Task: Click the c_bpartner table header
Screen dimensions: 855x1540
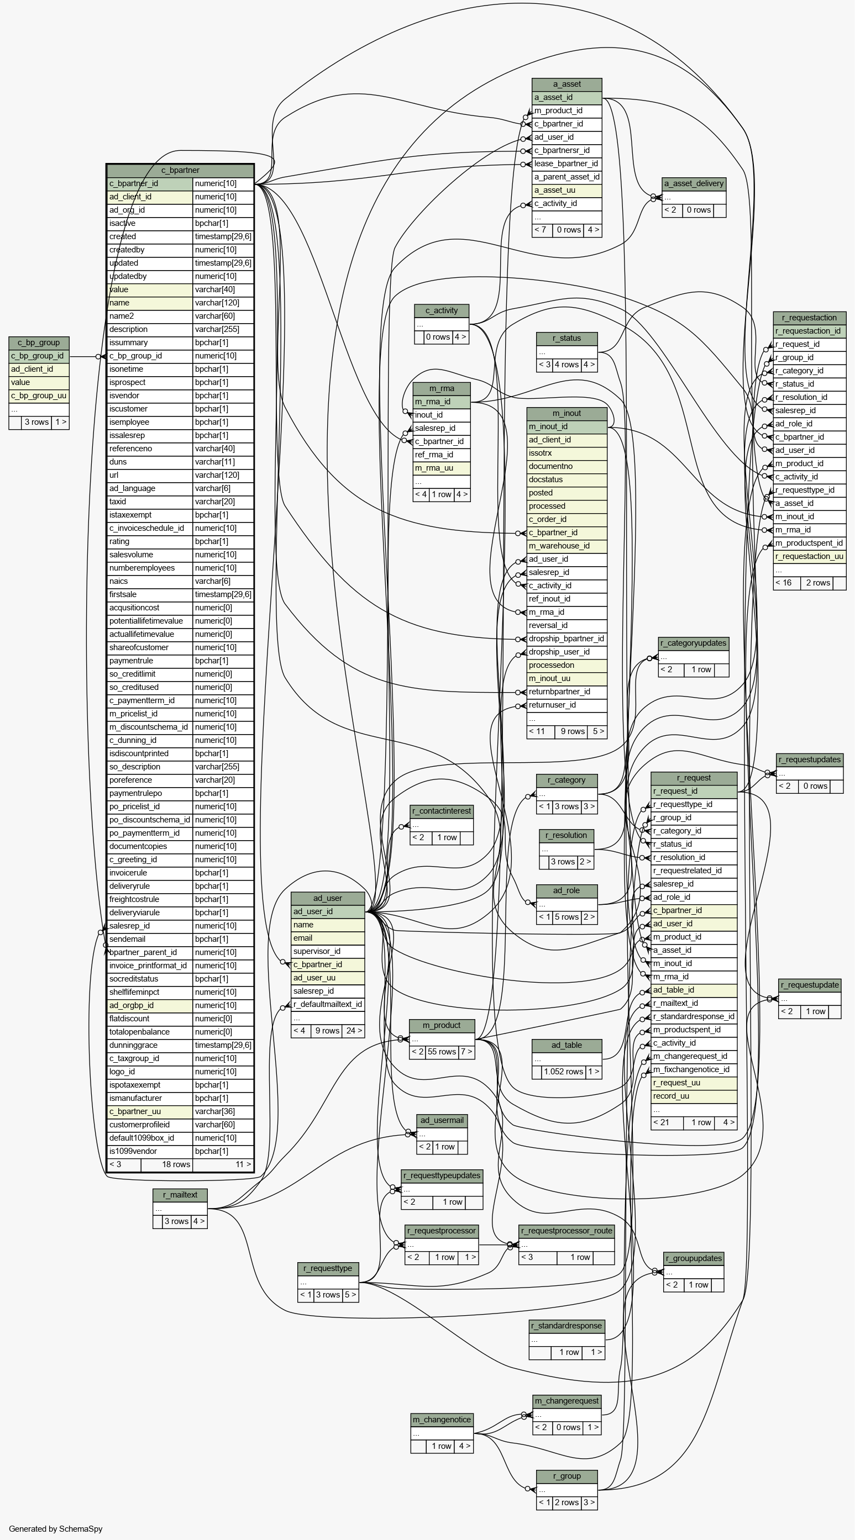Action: (180, 170)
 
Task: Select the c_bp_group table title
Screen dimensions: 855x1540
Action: (39, 342)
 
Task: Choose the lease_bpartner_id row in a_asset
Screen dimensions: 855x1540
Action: (566, 164)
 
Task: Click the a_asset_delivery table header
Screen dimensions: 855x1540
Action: (694, 183)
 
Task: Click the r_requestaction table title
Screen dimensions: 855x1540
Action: (810, 318)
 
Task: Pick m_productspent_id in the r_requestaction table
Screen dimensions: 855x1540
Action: (810, 543)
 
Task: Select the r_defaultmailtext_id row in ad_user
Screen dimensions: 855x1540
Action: (327, 1004)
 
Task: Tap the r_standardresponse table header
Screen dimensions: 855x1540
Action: (566, 1326)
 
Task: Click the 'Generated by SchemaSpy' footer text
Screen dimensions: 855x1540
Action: (56, 1528)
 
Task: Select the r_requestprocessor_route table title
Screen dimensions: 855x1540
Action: (566, 1230)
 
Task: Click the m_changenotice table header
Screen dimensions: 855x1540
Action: (442, 1419)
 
